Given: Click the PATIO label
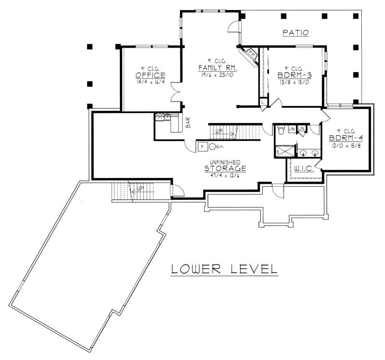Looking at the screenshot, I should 295,32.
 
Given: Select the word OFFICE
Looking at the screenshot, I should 150,76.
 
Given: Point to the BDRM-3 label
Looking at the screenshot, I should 293,76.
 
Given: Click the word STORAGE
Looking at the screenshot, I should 225,168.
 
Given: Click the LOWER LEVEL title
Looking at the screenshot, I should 224,269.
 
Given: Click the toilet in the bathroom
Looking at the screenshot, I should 280,130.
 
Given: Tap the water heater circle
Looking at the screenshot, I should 211,146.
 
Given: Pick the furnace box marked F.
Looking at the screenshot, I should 202,146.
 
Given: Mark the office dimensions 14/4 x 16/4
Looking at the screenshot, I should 150,82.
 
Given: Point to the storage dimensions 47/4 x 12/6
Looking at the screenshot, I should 225,175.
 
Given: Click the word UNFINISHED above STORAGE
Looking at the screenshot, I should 225,162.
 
